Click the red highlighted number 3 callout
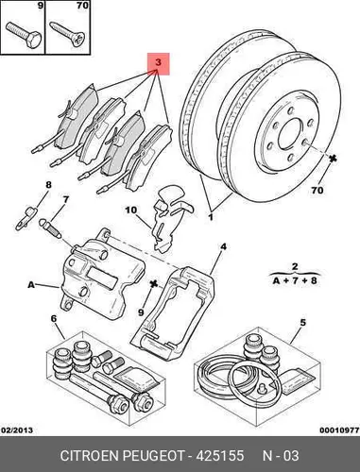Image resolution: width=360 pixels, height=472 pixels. coord(159,63)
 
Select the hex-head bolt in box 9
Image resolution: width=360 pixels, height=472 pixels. coord(24,34)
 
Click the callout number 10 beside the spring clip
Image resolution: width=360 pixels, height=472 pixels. coord(131,210)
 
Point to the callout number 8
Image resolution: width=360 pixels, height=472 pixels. coord(48,185)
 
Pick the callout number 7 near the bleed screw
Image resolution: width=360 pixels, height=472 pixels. coord(65,199)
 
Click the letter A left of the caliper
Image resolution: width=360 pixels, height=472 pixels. coord(31,285)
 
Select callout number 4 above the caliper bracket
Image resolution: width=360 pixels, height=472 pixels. coord(223,247)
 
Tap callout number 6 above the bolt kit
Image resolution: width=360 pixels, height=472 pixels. coord(54,319)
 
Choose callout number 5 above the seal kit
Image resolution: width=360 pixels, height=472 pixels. coord(302,323)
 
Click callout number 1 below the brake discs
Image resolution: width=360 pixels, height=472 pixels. coord(211,217)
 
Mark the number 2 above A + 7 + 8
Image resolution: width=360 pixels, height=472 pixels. coord(295,267)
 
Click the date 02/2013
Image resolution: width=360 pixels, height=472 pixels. coord(17,430)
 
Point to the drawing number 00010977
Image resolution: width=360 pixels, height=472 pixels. coord(339,430)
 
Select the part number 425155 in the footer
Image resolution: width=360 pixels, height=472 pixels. coord(220,456)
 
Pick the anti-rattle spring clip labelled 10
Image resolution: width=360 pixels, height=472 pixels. coord(169,217)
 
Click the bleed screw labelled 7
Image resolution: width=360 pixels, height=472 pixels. coord(50,228)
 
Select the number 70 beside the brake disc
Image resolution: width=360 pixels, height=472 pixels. coord(317,191)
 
